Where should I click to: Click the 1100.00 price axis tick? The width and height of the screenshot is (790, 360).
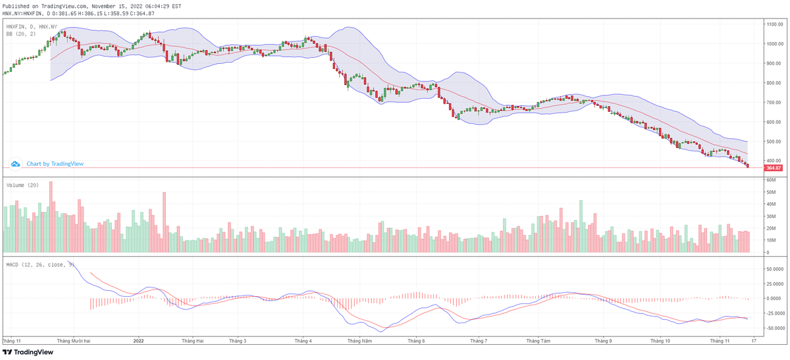[774, 24]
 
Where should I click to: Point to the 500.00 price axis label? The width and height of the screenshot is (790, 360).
[773, 141]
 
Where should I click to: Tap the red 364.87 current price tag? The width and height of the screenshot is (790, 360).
[773, 168]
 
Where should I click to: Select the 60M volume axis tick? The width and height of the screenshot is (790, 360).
[770, 180]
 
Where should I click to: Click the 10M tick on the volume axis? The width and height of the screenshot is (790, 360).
[770, 240]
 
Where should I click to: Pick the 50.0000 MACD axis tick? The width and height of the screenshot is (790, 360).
[774, 269]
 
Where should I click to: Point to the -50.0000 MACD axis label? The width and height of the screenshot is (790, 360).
[774, 328]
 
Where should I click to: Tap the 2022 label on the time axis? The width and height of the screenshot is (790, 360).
[138, 341]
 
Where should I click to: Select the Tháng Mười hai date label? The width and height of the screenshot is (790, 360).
[74, 341]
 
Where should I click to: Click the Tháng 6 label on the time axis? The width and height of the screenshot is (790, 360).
[416, 341]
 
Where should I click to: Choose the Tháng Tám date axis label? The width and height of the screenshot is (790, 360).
[538, 341]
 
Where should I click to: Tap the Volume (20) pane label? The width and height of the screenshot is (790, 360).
[22, 185]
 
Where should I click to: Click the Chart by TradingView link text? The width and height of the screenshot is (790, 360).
[55, 164]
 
